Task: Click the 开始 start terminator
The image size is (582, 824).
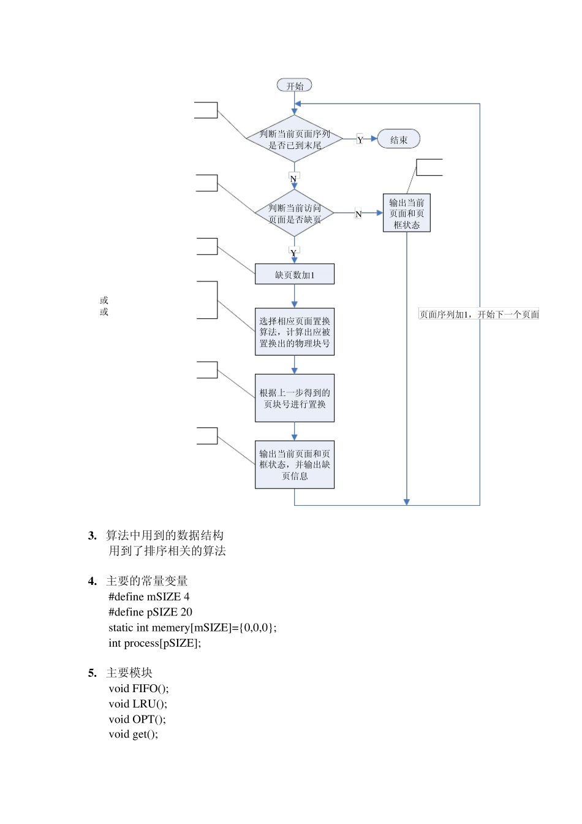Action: click(294, 86)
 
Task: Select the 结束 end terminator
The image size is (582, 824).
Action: click(398, 140)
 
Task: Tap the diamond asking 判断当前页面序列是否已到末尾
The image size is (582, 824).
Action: click(294, 139)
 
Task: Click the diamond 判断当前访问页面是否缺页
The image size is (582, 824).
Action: click(294, 213)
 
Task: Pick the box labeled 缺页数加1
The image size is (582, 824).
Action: click(294, 275)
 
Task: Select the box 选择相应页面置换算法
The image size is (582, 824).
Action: click(294, 332)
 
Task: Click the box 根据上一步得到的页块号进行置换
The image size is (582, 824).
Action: click(294, 398)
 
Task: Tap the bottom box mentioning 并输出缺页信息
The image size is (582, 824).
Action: click(294, 465)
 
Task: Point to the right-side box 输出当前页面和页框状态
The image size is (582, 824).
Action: click(406, 213)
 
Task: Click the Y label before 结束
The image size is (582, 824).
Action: click(360, 140)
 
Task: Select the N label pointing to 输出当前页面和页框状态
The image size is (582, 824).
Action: click(358, 214)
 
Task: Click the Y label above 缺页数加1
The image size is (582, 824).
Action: click(293, 252)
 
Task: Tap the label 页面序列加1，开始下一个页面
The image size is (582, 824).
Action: click(478, 315)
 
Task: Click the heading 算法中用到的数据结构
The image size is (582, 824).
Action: click(164, 535)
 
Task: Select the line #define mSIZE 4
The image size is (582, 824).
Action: click(149, 597)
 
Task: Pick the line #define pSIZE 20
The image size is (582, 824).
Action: click(150, 612)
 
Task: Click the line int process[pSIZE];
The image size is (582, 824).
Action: click(154, 643)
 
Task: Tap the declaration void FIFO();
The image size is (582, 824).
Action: click(138, 689)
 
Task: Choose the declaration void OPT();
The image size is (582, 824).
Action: click(137, 719)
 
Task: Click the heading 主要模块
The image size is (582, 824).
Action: click(129, 673)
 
